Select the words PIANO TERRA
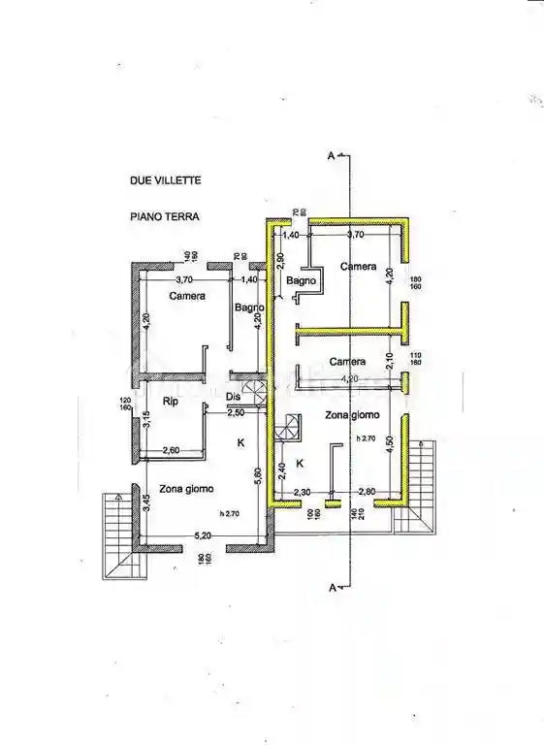tap(164, 218)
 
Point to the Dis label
tap(233, 397)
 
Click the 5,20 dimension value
tap(202, 534)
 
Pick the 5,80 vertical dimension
tap(258, 475)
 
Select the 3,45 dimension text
tap(146, 503)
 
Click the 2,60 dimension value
tap(171, 450)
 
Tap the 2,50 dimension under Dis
tap(235, 412)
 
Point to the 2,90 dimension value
tap(279, 260)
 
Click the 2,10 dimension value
tap(390, 361)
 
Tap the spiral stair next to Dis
tap(255, 395)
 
